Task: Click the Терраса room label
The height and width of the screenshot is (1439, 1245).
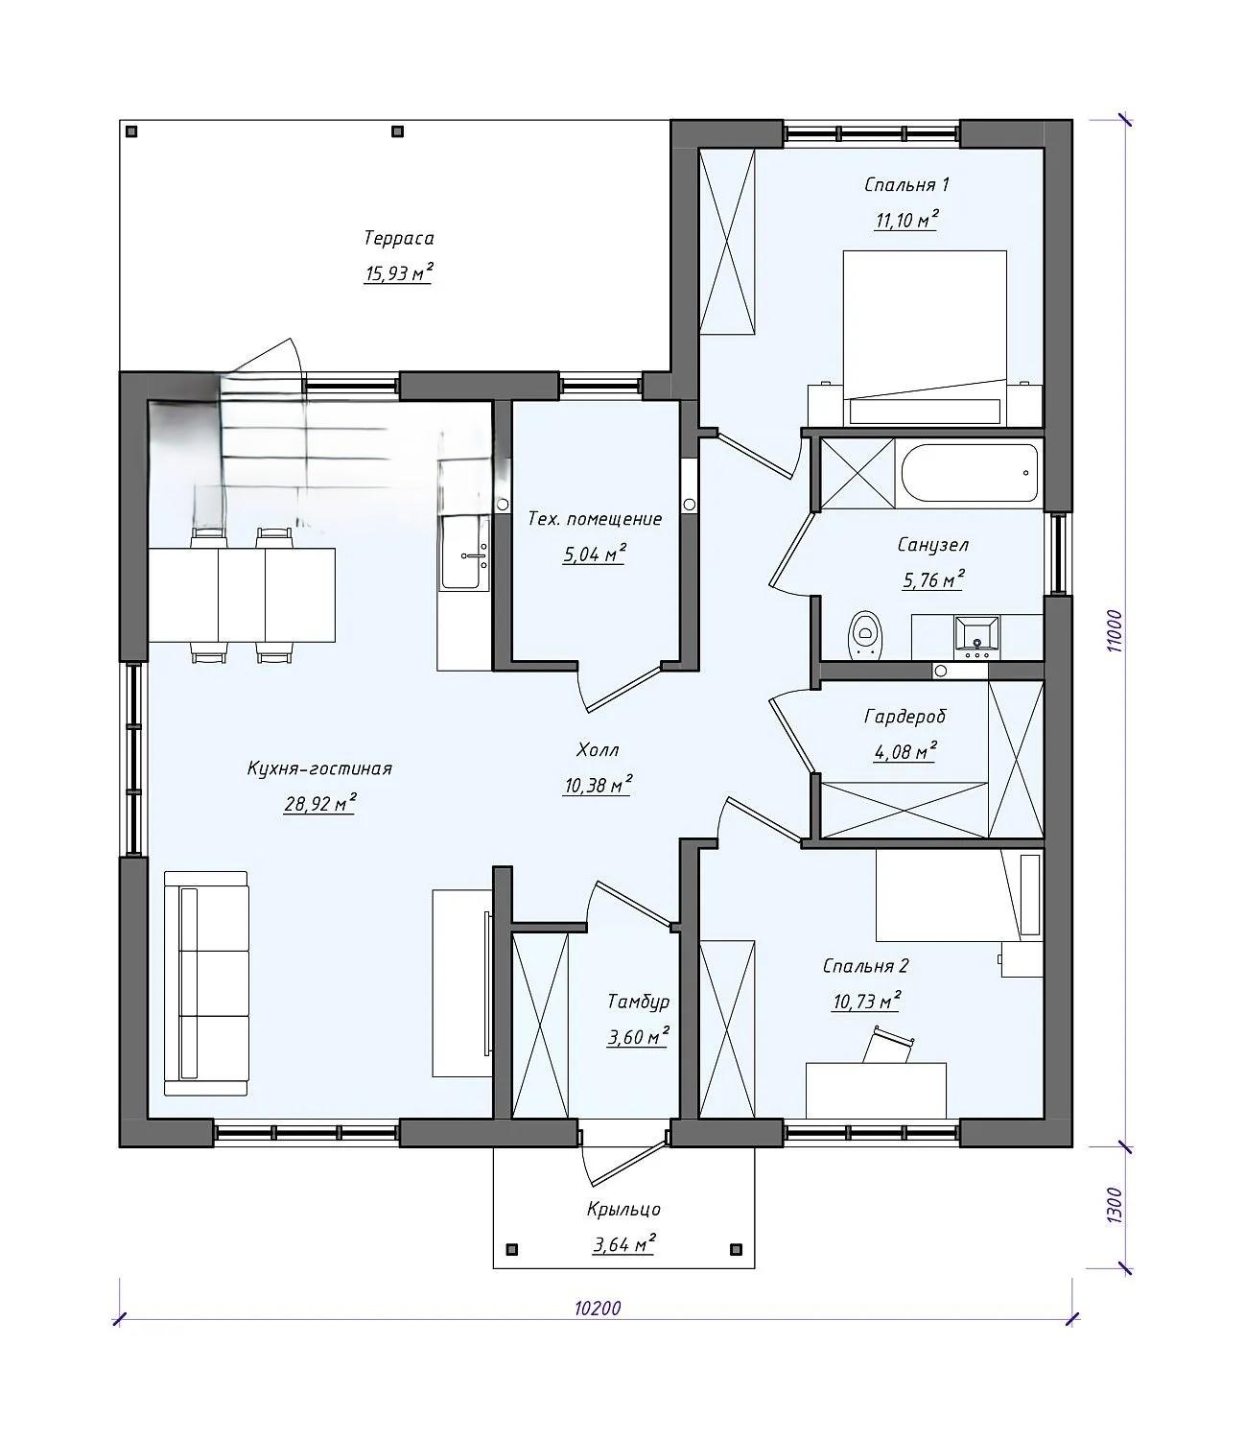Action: (x=399, y=239)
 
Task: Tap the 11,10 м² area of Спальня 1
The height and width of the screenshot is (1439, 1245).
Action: (x=905, y=220)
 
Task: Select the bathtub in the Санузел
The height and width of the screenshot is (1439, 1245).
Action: (x=970, y=473)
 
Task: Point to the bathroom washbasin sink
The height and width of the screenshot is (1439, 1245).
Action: (x=976, y=638)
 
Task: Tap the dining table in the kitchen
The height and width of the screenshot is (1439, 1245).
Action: (x=242, y=595)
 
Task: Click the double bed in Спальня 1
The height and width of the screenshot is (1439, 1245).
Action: (x=925, y=338)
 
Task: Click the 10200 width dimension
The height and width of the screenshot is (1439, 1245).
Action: (x=598, y=1309)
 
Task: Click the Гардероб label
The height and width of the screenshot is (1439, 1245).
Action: (x=904, y=717)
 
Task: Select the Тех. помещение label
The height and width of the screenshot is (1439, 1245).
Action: (x=595, y=519)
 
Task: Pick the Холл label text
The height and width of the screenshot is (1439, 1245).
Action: (x=598, y=750)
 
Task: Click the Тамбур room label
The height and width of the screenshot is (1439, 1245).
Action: (x=638, y=1002)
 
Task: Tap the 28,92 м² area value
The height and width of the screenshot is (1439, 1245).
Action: (x=319, y=804)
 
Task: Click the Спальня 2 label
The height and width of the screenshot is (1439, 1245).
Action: (x=866, y=966)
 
